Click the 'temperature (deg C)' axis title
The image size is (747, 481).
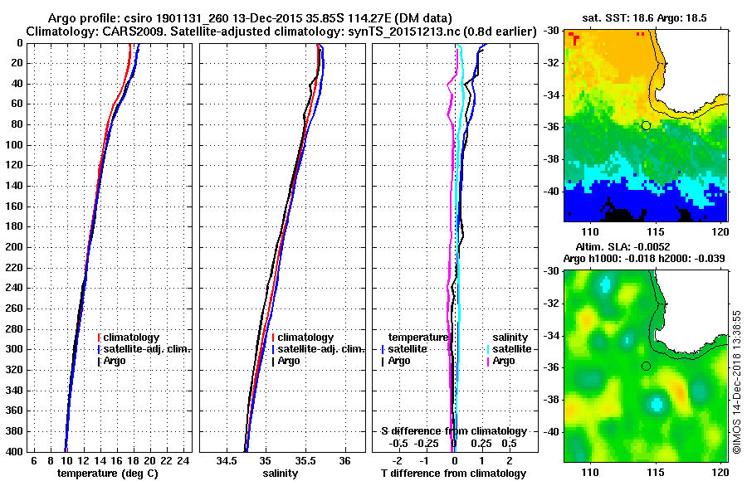pyautogui.click(x=107, y=473)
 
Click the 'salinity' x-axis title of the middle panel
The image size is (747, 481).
pyautogui.click(x=281, y=473)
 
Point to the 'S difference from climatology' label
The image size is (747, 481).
pyautogui.click(x=453, y=431)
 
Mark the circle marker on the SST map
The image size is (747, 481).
pyautogui.click(x=646, y=125)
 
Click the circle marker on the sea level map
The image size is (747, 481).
pyautogui.click(x=646, y=366)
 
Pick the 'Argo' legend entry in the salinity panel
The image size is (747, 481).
pyautogui.click(x=289, y=361)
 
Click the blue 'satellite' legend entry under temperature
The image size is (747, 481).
pyautogui.click(x=407, y=349)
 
